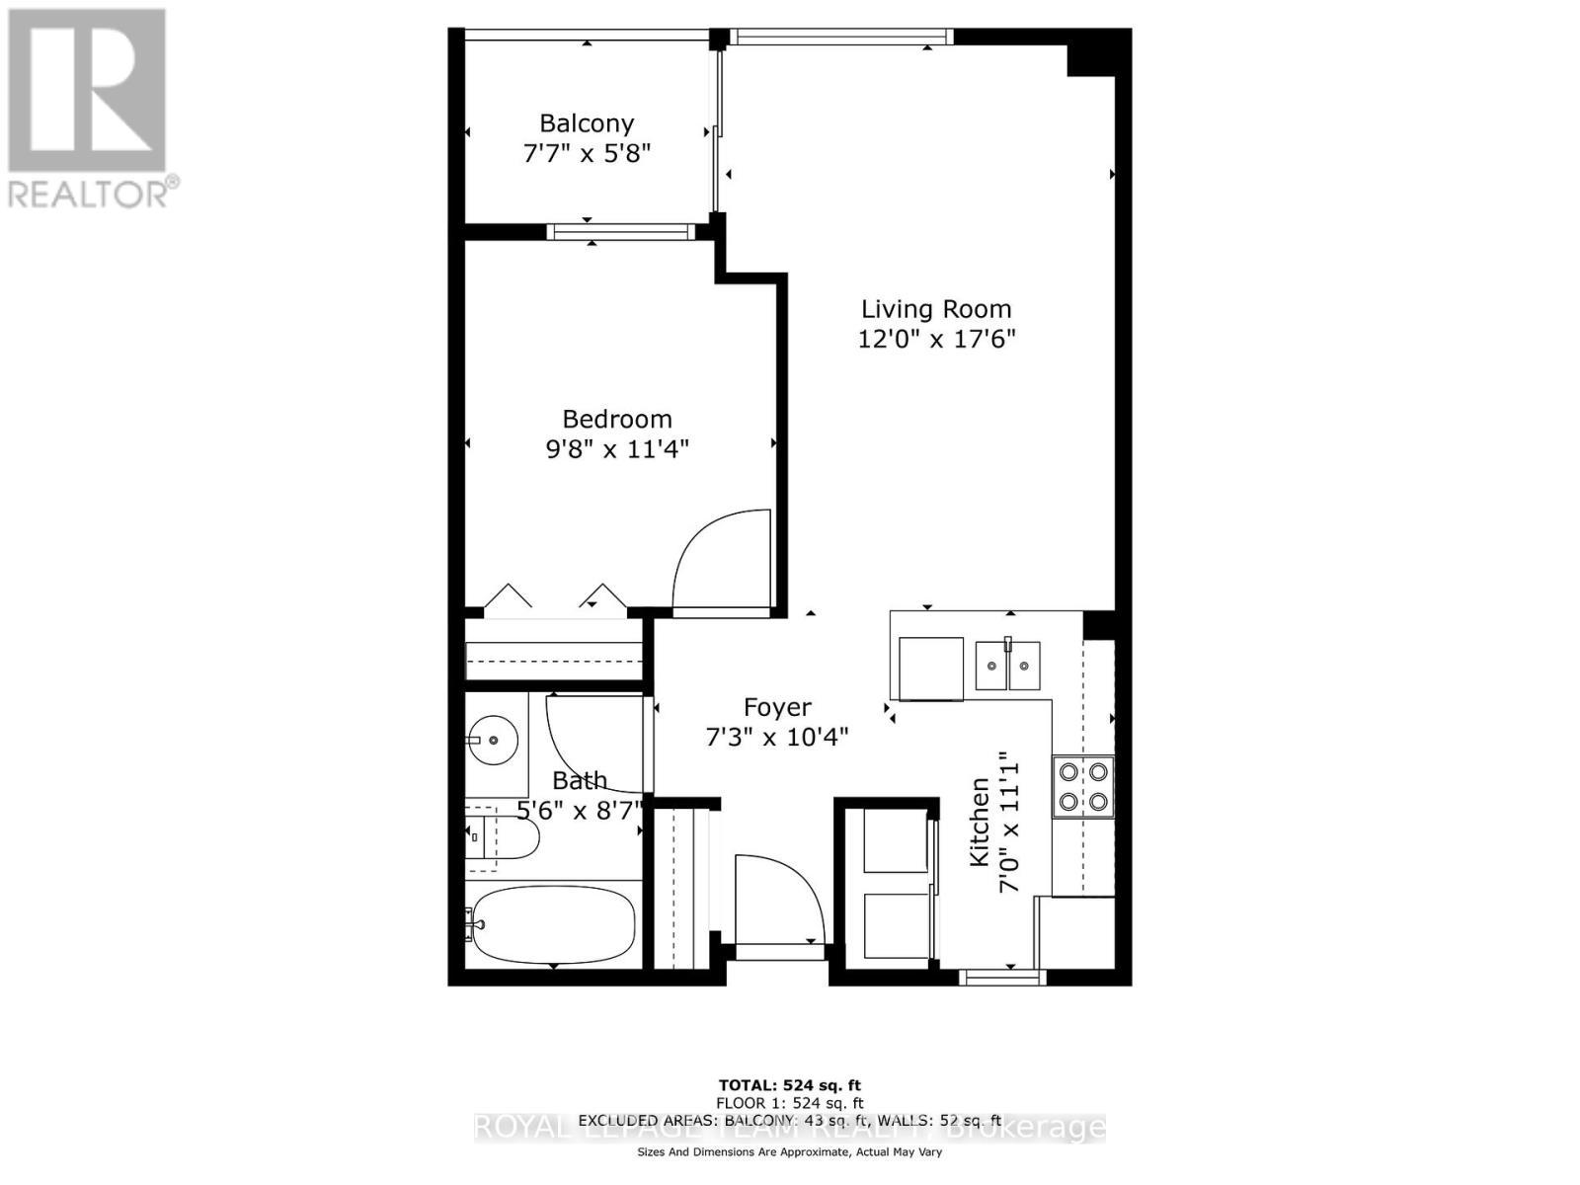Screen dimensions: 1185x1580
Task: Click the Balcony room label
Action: pos(587,123)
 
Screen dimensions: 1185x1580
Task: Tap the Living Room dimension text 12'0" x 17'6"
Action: pos(936,339)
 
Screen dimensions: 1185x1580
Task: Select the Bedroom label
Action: pos(617,419)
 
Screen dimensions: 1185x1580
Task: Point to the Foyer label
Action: pos(777,707)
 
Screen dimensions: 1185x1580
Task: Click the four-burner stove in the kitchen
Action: pos(1083,787)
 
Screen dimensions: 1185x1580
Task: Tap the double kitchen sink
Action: pos(1007,665)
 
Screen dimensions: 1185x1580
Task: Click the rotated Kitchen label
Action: pos(979,823)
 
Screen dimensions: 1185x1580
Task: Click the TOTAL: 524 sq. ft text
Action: pos(789,1086)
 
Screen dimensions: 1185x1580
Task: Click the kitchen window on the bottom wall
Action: pos(1002,978)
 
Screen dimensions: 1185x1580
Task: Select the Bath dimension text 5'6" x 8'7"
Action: pos(580,811)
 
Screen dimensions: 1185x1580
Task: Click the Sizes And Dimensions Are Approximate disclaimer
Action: pos(789,1152)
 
